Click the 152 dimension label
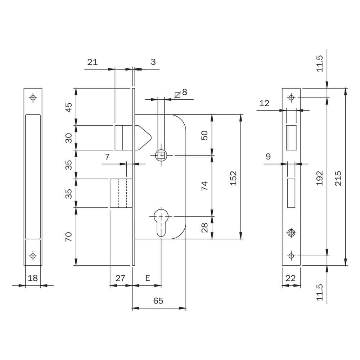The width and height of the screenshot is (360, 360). tap(233, 178)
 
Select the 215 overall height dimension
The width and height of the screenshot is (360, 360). tap(338, 178)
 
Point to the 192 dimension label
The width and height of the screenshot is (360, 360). tap(319, 178)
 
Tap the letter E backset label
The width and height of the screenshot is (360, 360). tap(148, 278)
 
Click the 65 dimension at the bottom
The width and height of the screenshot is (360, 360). tap(158, 301)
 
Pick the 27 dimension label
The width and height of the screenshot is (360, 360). tap(120, 278)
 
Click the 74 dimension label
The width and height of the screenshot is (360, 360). tap(204, 185)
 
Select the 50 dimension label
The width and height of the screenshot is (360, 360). tap(204, 135)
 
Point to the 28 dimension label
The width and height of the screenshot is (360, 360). tap(204, 228)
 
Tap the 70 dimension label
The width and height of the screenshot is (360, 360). tap(69, 237)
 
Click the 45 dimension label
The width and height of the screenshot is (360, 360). tap(69, 107)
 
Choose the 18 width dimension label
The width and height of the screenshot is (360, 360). tap(33, 278)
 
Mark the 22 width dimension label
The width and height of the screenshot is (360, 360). tap(291, 278)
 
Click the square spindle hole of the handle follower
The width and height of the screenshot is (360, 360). tap(161, 155)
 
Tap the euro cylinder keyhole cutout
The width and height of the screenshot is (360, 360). tap(161, 222)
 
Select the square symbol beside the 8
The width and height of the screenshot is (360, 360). tap(177, 95)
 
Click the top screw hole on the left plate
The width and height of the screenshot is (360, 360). tap(33, 97)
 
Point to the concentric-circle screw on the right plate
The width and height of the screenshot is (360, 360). tap(291, 233)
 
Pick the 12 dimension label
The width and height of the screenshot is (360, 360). tap(264, 103)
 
